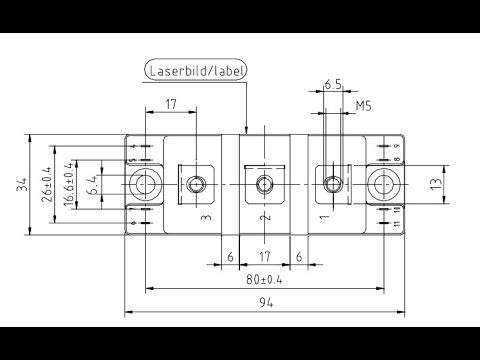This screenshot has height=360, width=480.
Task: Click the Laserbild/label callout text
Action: click(x=196, y=71)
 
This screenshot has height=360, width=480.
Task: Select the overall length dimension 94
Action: click(x=264, y=302)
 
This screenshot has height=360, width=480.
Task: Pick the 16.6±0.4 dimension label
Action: click(x=68, y=184)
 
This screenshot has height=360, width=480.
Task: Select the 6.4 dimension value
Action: click(x=91, y=184)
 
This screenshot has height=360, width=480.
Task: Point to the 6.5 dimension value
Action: click(x=333, y=87)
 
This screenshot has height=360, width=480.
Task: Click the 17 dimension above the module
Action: click(x=171, y=103)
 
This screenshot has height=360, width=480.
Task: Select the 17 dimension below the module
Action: click(x=264, y=256)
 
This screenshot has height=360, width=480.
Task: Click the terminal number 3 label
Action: click(x=204, y=215)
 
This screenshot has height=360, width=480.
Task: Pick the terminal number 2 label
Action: click(x=264, y=216)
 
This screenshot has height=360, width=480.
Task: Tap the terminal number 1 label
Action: click(x=323, y=215)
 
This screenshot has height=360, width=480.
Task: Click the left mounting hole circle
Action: click(x=146, y=184)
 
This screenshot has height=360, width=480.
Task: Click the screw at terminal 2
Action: click(x=264, y=184)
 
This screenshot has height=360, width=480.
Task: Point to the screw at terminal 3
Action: click(x=196, y=184)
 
